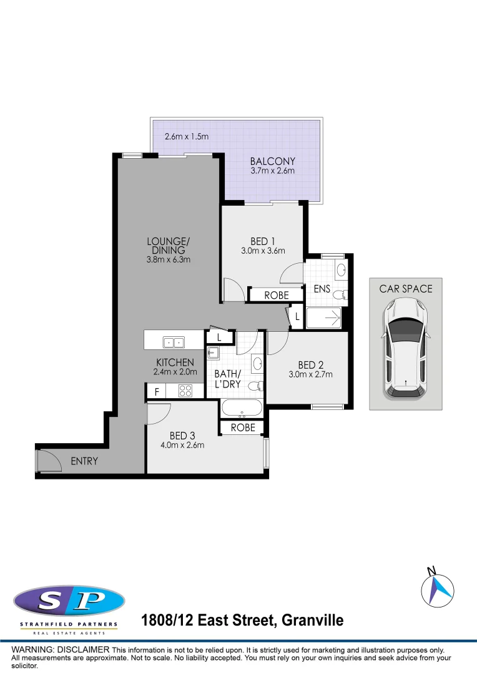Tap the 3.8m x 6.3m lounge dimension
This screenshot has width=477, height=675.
tap(168, 259)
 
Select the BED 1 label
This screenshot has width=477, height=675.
tap(263, 241)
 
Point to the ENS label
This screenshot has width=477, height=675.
tap(322, 289)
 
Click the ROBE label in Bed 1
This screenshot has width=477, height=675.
tap(277, 296)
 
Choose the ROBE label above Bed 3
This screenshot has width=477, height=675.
tap(243, 427)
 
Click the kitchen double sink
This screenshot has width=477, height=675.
tap(174, 342)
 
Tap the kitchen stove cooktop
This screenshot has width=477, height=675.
tap(185, 391)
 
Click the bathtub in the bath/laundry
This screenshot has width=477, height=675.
tap(242, 409)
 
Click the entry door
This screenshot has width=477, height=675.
tap(47, 461)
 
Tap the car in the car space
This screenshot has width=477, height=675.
tap(405, 348)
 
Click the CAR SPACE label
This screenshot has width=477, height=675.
tap(405, 289)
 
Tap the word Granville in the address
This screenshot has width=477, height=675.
tap(312, 621)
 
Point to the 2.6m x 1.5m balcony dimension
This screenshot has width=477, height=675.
tap(186, 136)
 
